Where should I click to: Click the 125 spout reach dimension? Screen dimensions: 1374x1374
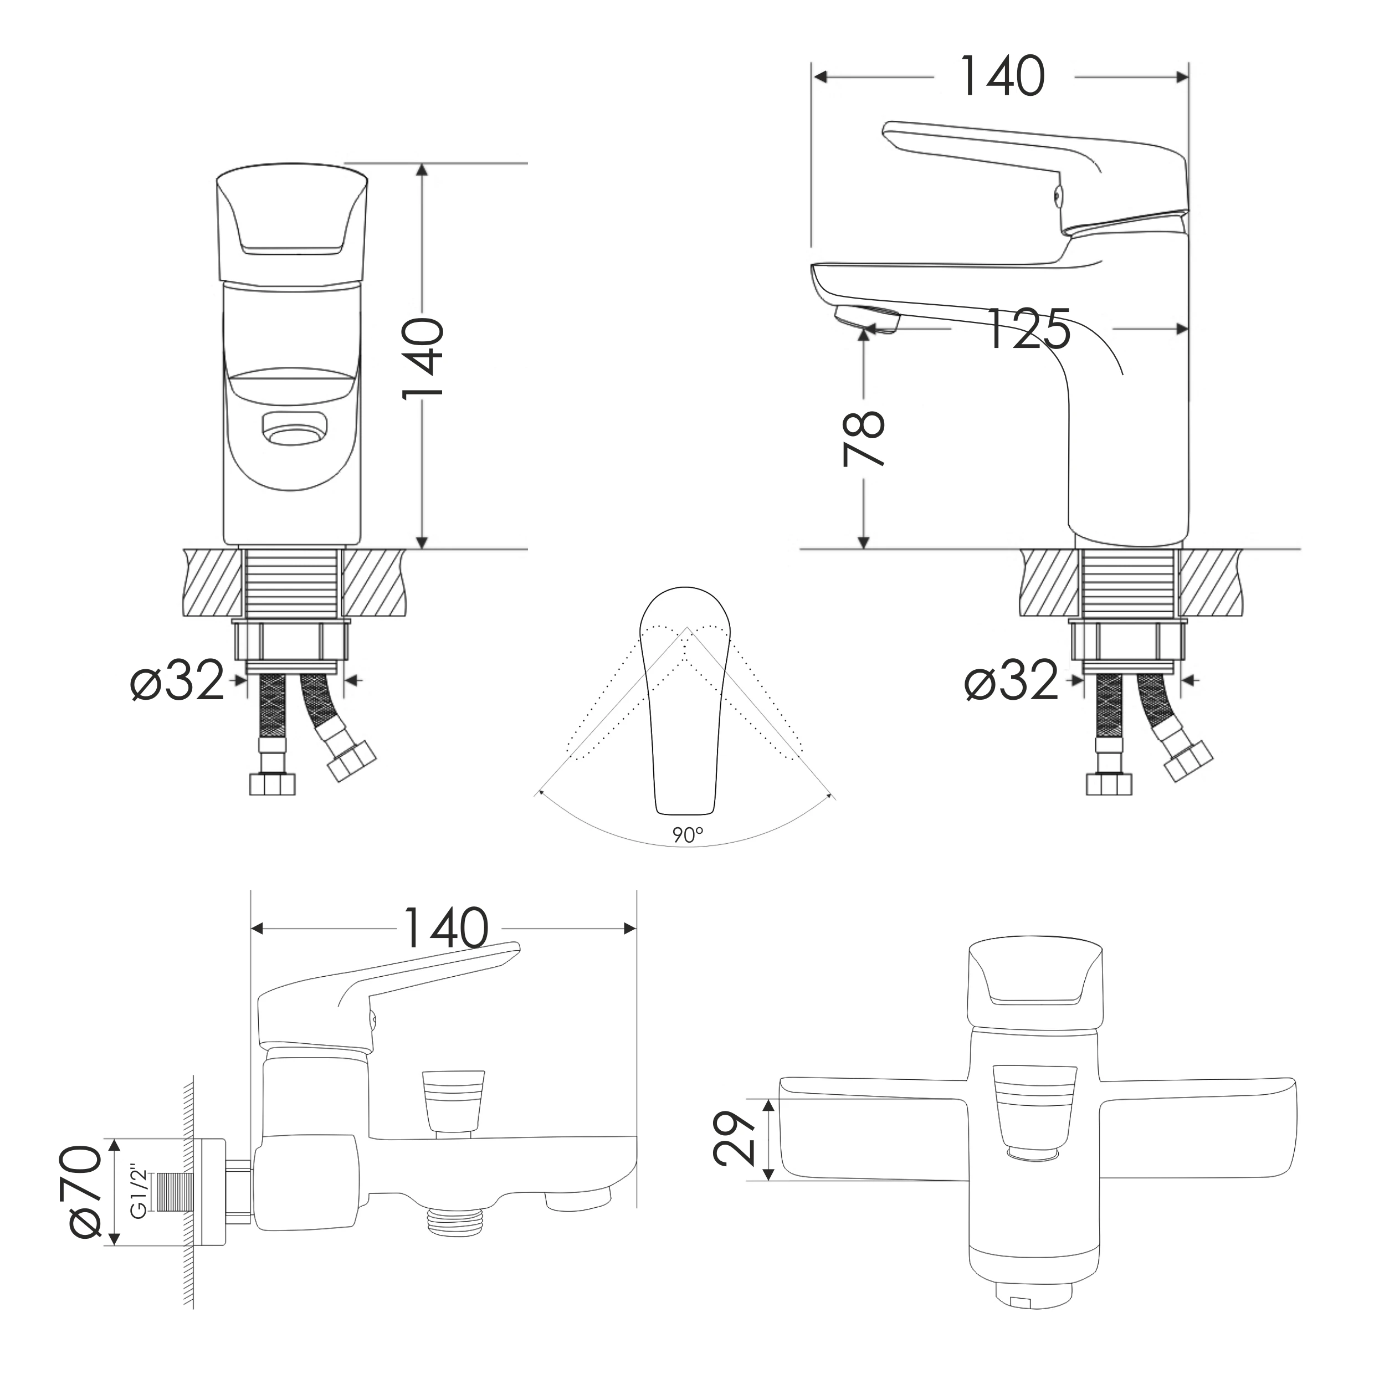(x=1028, y=329)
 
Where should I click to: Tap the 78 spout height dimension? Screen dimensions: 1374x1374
(x=863, y=438)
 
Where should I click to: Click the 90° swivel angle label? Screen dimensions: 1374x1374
(x=688, y=835)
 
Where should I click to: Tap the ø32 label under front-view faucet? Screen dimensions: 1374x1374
(x=178, y=680)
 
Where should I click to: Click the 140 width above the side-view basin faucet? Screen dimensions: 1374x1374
(x=1003, y=76)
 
